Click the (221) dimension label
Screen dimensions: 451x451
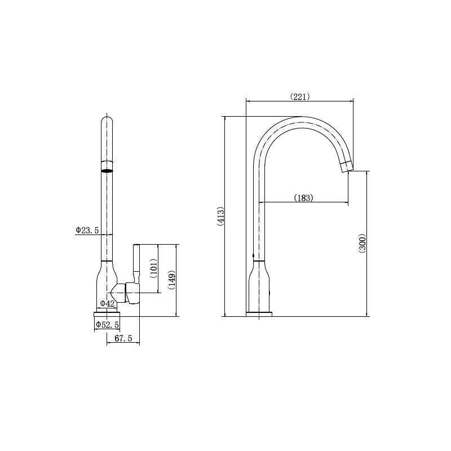click(300, 96)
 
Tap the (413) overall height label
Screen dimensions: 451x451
click(220, 216)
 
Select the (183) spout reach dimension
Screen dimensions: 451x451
click(304, 198)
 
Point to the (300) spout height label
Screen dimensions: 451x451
click(362, 244)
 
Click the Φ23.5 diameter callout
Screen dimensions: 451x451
click(87, 230)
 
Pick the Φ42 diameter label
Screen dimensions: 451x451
click(107, 303)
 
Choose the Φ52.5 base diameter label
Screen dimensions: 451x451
click(107, 325)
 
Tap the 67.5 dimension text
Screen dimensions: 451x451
click(123, 339)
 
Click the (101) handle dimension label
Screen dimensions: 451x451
click(154, 268)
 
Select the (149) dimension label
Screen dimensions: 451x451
click(172, 280)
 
